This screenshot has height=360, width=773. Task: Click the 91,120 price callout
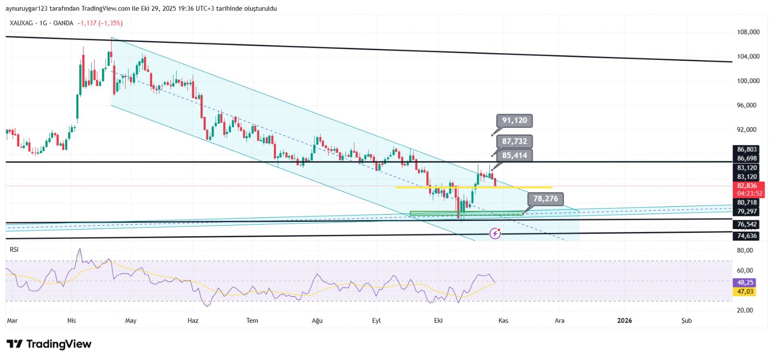point(514,120)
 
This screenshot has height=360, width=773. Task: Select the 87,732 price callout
point(514,141)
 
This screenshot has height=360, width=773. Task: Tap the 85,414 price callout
point(514,155)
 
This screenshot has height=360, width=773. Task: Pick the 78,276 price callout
point(545,199)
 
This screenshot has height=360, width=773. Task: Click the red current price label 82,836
point(747,186)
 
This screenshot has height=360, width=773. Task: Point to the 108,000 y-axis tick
point(748,32)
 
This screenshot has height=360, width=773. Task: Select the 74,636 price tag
point(747,236)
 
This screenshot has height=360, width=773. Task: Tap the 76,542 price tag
point(747,225)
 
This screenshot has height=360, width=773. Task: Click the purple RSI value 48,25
point(745,283)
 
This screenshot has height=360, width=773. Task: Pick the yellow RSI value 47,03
point(745,291)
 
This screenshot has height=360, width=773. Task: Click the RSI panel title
point(14,249)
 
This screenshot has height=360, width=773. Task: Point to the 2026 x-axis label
point(625,320)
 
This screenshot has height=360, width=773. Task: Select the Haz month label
point(193,320)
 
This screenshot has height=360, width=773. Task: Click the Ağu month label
point(317,320)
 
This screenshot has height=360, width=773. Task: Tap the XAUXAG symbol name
point(22,23)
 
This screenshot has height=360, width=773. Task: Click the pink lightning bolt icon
point(495,234)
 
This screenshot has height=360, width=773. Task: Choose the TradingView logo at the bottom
point(49,344)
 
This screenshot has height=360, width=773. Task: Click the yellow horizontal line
point(473,187)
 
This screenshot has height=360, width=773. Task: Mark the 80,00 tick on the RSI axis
point(745,250)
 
